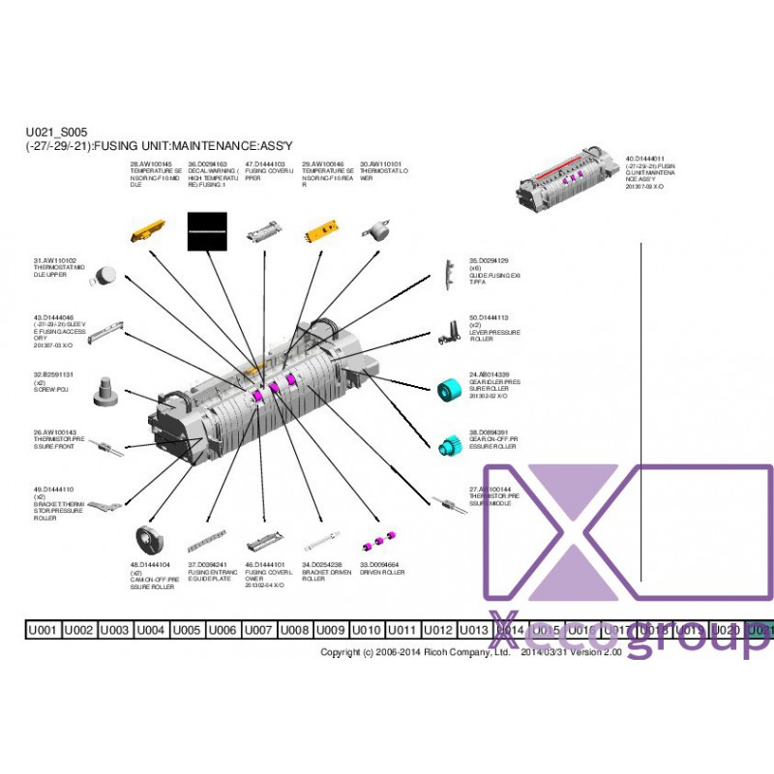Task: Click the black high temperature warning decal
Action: pos(206,231)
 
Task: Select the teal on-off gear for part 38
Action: pos(448,445)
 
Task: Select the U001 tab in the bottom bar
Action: pos(43,630)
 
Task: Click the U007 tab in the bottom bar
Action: pos(257,630)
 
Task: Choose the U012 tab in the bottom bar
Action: pos(437,630)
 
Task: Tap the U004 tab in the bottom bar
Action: pos(150,630)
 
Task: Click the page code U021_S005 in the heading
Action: pos(57,133)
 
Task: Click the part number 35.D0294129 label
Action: pos(489,261)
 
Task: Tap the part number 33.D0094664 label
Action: pos(378,564)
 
